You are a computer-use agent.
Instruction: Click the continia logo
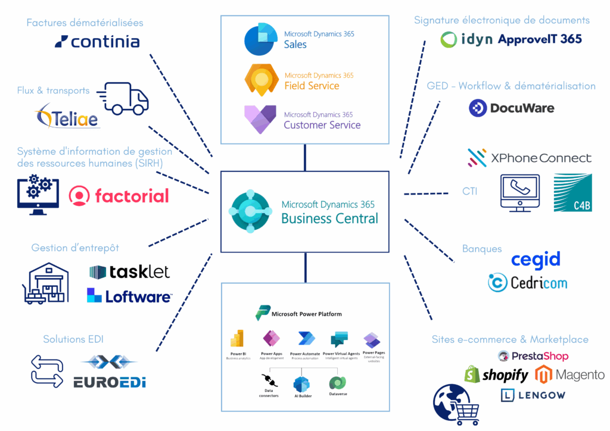tap(97, 42)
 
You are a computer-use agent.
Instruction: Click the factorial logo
tap(119, 195)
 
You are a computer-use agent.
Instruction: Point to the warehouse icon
tap(49, 276)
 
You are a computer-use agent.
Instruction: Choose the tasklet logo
tap(129, 272)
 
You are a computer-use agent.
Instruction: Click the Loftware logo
tap(129, 295)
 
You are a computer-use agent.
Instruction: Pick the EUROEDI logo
tap(109, 373)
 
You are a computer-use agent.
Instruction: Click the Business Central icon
tap(251, 212)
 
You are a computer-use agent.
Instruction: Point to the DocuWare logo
tap(511, 108)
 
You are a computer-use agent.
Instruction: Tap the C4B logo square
tap(572, 193)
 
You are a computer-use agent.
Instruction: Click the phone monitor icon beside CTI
tap(520, 193)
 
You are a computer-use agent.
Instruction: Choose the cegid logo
tap(536, 260)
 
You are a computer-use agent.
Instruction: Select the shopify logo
tap(496, 374)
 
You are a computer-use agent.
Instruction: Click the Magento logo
tap(569, 374)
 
